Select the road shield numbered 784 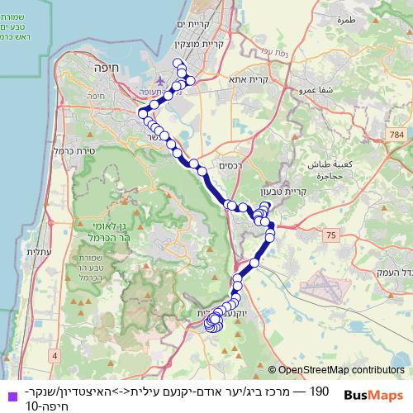point(398,133)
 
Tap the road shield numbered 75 point(331,236)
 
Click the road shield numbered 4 point(55,354)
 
